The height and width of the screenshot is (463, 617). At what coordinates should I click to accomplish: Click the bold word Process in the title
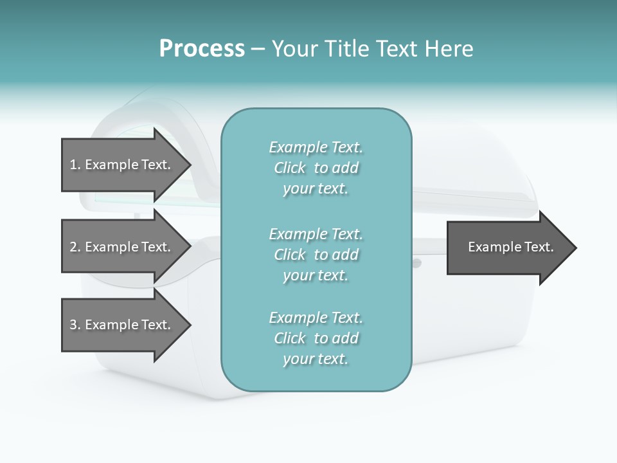click(x=202, y=49)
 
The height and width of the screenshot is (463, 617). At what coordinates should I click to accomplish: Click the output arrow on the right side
click(x=508, y=248)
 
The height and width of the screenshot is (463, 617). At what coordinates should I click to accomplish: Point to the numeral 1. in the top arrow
click(x=75, y=165)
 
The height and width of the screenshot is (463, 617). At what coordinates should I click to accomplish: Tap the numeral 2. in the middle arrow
click(x=75, y=247)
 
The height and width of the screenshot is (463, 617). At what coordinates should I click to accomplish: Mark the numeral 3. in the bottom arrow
click(x=75, y=325)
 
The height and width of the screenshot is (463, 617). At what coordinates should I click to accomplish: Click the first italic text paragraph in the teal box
click(x=316, y=168)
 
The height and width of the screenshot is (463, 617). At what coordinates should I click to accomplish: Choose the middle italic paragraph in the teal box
click(x=316, y=254)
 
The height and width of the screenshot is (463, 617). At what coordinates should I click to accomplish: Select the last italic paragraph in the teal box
click(x=316, y=338)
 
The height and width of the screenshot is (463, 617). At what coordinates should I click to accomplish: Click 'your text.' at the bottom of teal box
click(x=316, y=359)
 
